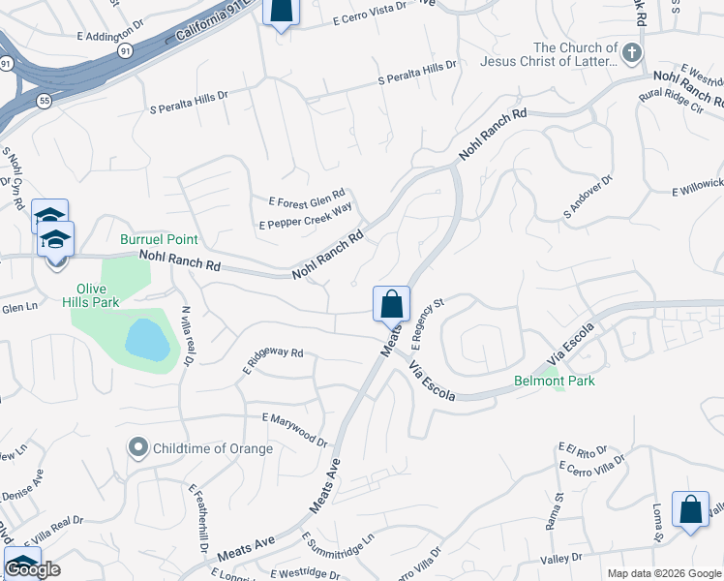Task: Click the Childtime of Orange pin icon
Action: click(138, 447)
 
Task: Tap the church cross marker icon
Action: click(632, 52)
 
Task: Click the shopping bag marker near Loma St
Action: click(691, 510)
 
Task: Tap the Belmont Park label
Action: click(555, 381)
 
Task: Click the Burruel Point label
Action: click(159, 239)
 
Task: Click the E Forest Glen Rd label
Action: click(307, 202)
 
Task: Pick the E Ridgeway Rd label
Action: click(273, 360)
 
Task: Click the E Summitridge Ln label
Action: click(337, 550)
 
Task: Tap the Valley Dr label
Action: click(561, 558)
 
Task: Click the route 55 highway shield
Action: click(45, 101)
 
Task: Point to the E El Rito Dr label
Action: click(582, 450)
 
